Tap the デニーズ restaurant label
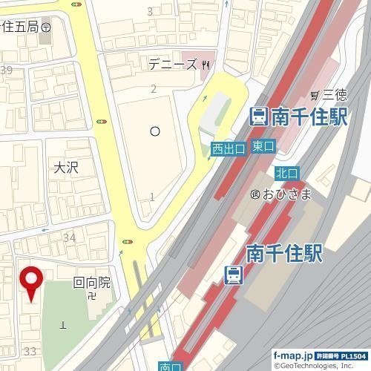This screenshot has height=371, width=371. (173, 65)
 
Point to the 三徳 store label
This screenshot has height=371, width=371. (335, 94)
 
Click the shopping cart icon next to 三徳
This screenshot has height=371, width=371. (315, 95)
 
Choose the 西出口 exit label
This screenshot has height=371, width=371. (228, 149)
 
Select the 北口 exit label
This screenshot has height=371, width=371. (286, 173)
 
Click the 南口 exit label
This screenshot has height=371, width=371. (170, 366)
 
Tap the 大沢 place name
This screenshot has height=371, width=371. (66, 168)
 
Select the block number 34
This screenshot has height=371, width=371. (70, 237)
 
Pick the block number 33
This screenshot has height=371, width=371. (30, 350)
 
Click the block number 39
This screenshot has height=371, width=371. (7, 70)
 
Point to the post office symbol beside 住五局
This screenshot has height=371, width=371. (47, 26)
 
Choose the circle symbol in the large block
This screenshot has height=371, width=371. (154, 131)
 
